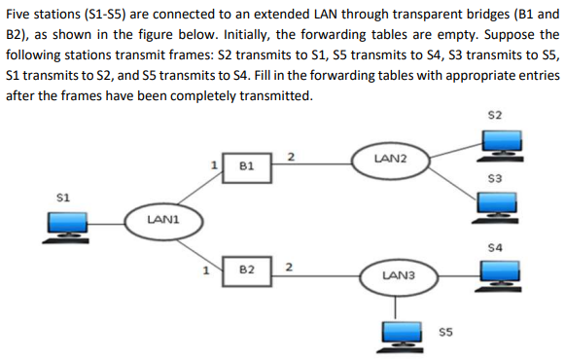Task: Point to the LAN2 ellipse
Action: coord(390,158)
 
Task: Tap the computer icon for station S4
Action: coord(504,274)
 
